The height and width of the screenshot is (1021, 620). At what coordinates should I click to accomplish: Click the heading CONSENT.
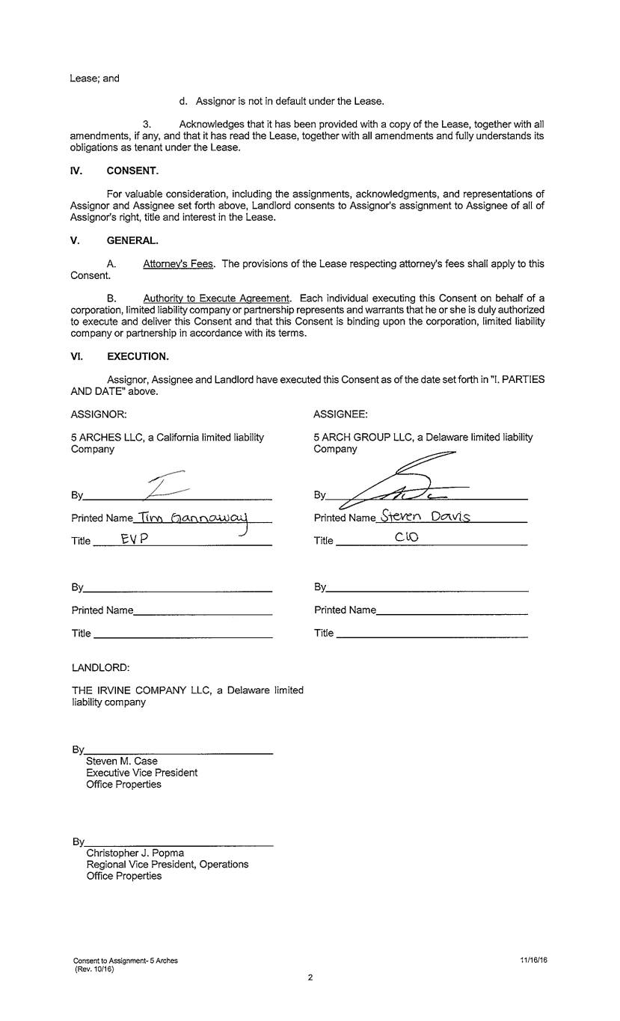(x=132, y=170)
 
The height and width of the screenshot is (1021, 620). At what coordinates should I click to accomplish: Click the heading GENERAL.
(x=132, y=240)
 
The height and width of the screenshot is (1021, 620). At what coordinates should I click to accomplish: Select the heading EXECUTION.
(x=138, y=356)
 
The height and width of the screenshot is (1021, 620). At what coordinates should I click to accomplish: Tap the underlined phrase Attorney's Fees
(x=178, y=264)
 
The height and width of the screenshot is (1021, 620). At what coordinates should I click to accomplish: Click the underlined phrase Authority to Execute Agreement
(x=216, y=298)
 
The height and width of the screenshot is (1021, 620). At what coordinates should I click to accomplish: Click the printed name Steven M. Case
(x=122, y=761)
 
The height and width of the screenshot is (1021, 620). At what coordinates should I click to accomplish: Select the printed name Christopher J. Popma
(x=135, y=853)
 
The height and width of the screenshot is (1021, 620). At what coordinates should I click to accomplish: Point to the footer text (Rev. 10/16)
(x=94, y=968)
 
